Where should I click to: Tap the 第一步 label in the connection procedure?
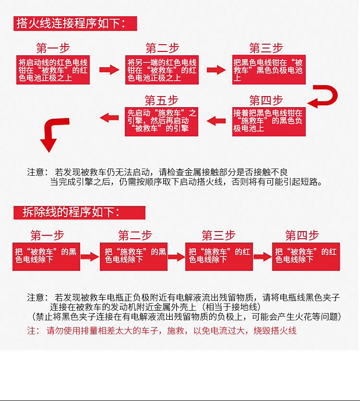[53, 48]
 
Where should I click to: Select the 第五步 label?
[161, 100]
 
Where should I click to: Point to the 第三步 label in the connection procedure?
[266, 48]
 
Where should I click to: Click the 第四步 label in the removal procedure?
[302, 235]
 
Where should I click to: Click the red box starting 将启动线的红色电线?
[53, 70]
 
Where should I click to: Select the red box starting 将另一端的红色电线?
[162, 70]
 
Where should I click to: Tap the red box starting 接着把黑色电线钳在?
[269, 121]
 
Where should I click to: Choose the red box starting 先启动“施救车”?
[162, 121]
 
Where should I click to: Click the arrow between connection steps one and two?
[109, 70]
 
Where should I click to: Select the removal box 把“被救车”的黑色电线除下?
[46, 256]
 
